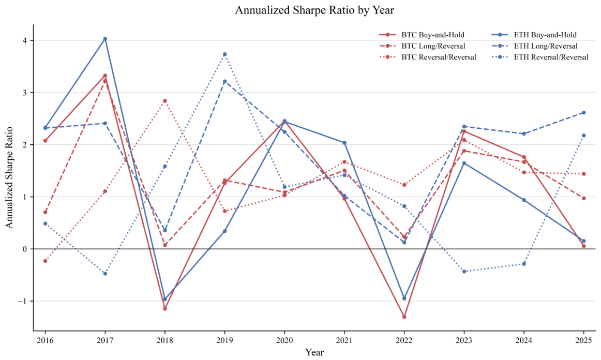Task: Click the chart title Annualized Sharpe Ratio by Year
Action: coord(314,10)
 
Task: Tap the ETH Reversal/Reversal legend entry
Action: coord(539,57)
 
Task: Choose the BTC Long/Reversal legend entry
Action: coord(422,46)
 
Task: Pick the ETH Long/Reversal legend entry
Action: coord(534,46)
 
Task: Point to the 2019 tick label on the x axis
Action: coord(224,340)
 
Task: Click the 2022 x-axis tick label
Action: coord(404,340)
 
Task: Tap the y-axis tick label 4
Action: coord(25,41)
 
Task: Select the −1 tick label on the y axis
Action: coord(22,302)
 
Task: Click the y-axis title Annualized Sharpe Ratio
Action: coord(9,177)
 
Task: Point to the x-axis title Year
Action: coord(314,352)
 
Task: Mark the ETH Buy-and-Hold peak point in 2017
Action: coord(105,39)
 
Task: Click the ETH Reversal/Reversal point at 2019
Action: coord(224,54)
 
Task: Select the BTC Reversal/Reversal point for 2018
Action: coord(165,101)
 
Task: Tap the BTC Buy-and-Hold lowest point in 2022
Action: coord(404,317)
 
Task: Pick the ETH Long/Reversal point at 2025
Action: coord(584,113)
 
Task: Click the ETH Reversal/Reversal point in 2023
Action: coord(464,272)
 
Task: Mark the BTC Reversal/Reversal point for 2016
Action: coord(45,261)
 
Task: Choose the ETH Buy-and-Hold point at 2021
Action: coord(344,143)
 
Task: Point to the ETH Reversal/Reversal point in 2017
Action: coord(105,274)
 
